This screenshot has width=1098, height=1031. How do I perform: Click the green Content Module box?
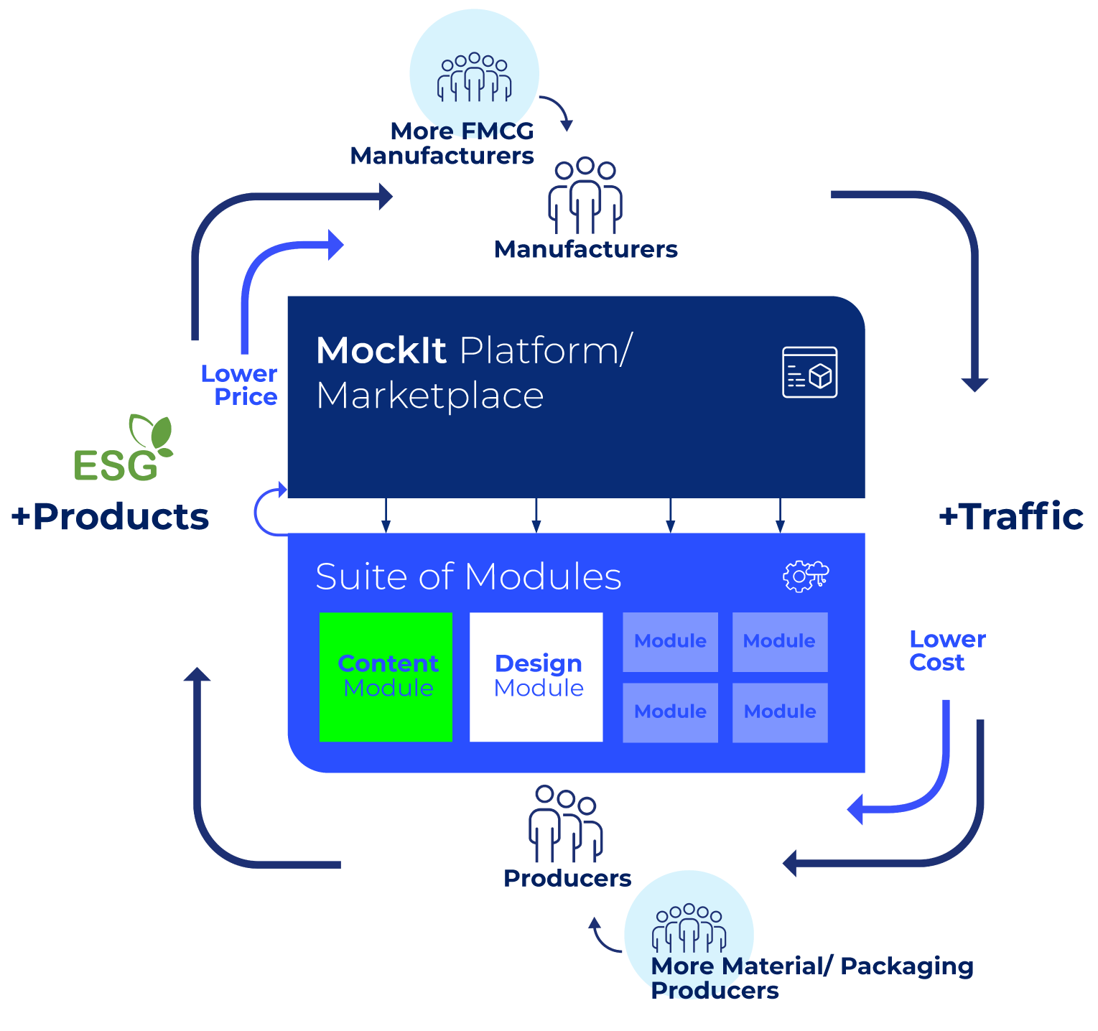[386, 676]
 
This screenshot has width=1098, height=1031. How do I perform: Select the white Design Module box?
[536, 676]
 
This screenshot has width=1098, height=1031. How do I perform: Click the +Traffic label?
[1011, 516]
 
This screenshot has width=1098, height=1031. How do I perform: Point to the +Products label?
[110, 516]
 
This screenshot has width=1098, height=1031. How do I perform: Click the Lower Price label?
[239, 385]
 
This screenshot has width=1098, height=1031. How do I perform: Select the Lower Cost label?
[946, 650]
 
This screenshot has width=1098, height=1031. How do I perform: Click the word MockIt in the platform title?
[381, 351]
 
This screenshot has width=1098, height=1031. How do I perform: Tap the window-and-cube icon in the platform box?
[809, 372]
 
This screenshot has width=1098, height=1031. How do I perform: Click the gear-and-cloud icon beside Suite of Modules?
[805, 576]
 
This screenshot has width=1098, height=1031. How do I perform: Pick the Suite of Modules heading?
[468, 577]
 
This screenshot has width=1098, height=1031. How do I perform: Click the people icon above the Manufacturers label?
[585, 195]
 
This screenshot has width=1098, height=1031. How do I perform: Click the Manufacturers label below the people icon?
[586, 249]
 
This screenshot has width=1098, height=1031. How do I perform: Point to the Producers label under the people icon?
[567, 878]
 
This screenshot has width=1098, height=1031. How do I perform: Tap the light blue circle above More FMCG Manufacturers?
[474, 68]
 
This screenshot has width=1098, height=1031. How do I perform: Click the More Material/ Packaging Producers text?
[811, 978]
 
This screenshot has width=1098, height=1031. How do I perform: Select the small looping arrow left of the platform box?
[267, 510]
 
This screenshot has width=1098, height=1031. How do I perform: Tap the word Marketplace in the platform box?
[429, 396]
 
